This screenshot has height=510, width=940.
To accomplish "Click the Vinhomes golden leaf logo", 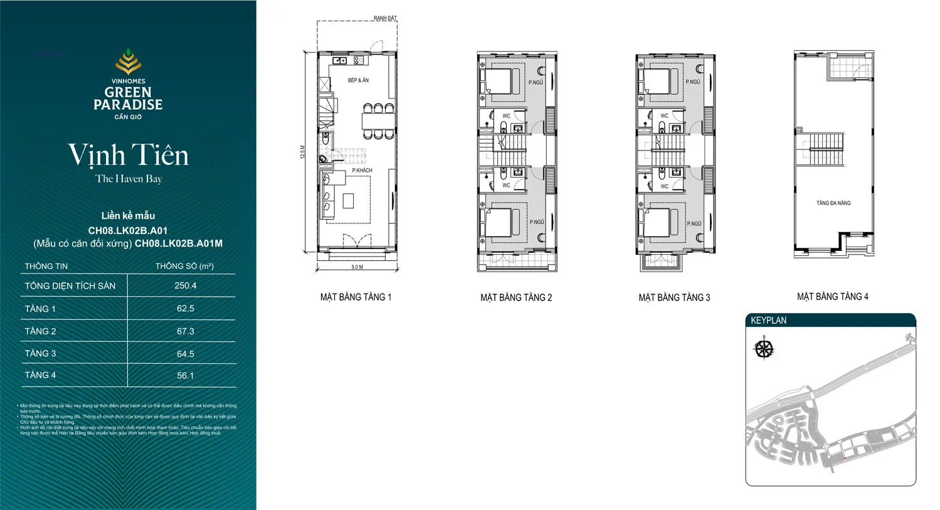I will (x=128, y=63).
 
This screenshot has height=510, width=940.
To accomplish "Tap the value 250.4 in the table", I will (x=185, y=285).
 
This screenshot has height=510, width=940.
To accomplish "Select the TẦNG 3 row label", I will (x=41, y=353).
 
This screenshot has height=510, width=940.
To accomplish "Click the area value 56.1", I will (x=185, y=375).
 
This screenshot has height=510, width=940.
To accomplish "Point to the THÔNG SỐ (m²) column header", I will (x=184, y=266).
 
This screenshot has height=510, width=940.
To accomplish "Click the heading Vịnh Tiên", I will (x=128, y=155).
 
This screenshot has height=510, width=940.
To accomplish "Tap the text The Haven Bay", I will (x=128, y=179).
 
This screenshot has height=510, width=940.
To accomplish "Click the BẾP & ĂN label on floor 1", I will (x=358, y=80).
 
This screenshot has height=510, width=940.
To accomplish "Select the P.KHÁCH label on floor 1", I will (x=362, y=170).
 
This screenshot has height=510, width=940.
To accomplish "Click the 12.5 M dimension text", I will (x=302, y=152).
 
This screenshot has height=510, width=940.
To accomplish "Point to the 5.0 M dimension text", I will (x=357, y=267).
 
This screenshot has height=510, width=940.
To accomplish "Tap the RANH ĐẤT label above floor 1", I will (x=385, y=18).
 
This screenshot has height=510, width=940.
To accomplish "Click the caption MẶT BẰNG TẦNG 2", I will (x=516, y=297).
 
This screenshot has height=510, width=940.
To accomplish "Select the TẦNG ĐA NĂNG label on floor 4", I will (x=833, y=203).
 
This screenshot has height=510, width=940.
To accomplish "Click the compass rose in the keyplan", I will (x=764, y=349).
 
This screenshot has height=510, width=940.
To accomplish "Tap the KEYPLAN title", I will (x=768, y=320).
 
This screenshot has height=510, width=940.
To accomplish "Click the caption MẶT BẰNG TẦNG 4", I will (x=832, y=297).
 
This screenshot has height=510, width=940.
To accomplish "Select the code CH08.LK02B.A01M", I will (x=179, y=243).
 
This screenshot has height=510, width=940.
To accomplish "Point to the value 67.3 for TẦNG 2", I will (x=185, y=331).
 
